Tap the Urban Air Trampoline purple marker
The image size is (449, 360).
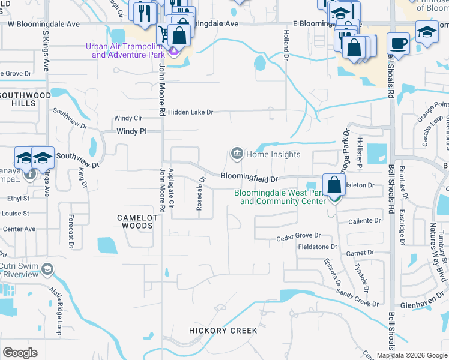click(174, 52)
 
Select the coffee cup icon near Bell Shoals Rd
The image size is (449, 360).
click(397, 43)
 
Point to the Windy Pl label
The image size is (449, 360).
click(131, 131)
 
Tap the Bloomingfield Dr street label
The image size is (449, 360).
click(249, 178)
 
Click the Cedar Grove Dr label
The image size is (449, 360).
click(298, 238)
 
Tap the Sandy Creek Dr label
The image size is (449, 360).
click(357, 295)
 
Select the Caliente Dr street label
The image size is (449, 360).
click(365, 221)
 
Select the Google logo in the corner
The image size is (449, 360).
click(20, 352)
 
